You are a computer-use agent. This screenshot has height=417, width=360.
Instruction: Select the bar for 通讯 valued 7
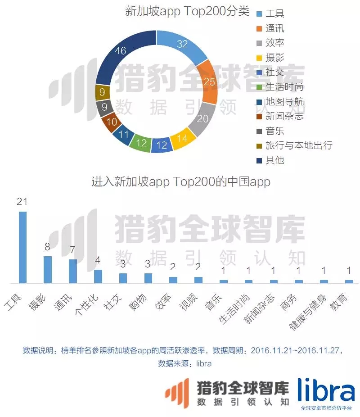click(x=72, y=271)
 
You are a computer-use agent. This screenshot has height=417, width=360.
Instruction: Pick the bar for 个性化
click(x=98, y=276)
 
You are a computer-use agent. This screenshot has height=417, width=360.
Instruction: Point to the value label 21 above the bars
click(x=22, y=201)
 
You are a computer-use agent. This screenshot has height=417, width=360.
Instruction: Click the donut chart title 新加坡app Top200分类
click(x=187, y=12)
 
